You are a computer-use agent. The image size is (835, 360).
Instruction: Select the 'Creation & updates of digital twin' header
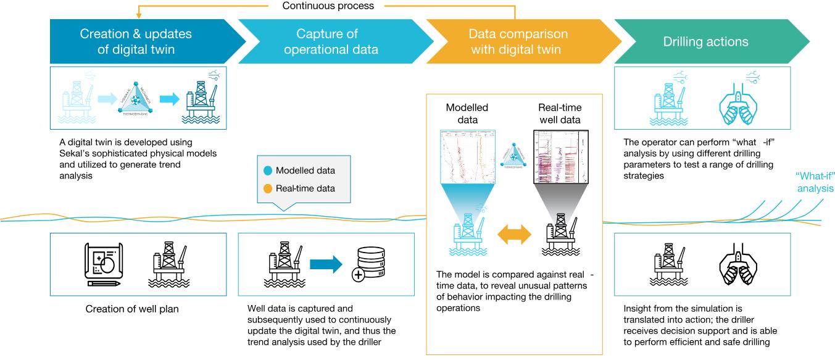(136, 41)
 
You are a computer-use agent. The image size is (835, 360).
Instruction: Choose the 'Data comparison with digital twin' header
(516, 41)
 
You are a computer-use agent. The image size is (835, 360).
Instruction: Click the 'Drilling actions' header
(705, 42)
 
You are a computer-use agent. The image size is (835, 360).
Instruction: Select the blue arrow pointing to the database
(325, 264)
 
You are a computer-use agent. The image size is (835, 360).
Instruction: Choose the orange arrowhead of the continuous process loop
(139, 14)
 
